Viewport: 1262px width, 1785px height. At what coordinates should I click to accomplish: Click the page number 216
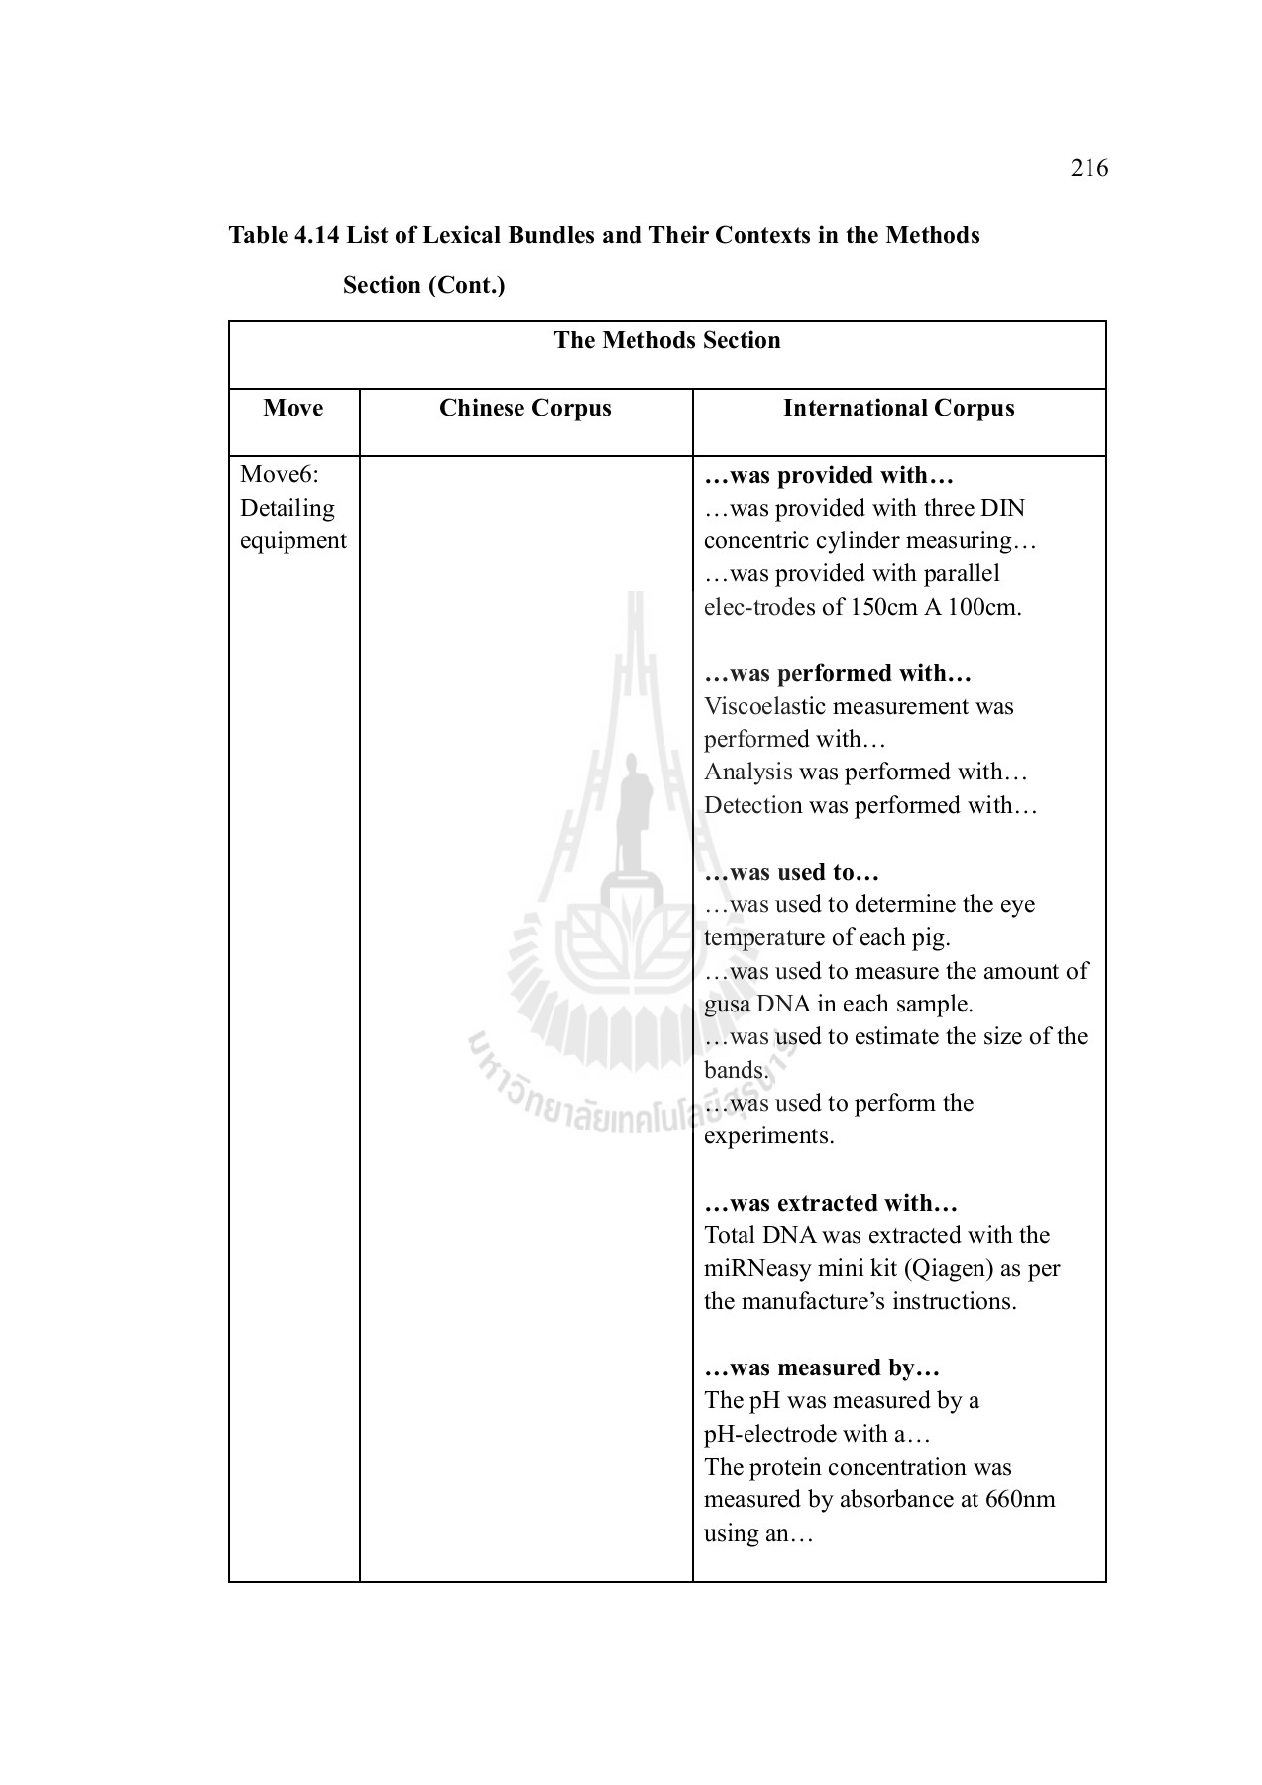(x=1089, y=168)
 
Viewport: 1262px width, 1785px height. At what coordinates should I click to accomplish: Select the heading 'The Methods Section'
(x=666, y=340)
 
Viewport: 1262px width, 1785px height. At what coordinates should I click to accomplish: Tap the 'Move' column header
(x=293, y=408)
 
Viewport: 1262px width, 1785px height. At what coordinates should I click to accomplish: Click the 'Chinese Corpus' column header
(x=524, y=408)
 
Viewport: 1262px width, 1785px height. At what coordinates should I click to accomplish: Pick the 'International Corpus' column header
(x=898, y=408)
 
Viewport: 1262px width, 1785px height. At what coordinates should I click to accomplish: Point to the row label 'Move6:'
(x=279, y=475)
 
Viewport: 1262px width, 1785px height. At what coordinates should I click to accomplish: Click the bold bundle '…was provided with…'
(x=828, y=475)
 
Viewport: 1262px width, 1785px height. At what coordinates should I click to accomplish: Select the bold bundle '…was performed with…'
(x=837, y=673)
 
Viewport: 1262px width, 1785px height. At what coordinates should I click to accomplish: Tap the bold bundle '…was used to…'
(x=791, y=872)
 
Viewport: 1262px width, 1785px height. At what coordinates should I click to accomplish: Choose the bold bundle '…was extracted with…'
(x=830, y=1203)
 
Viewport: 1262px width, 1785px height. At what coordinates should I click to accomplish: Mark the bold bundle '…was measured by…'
(x=821, y=1368)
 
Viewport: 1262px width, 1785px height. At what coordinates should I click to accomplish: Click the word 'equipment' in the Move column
(x=292, y=540)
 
